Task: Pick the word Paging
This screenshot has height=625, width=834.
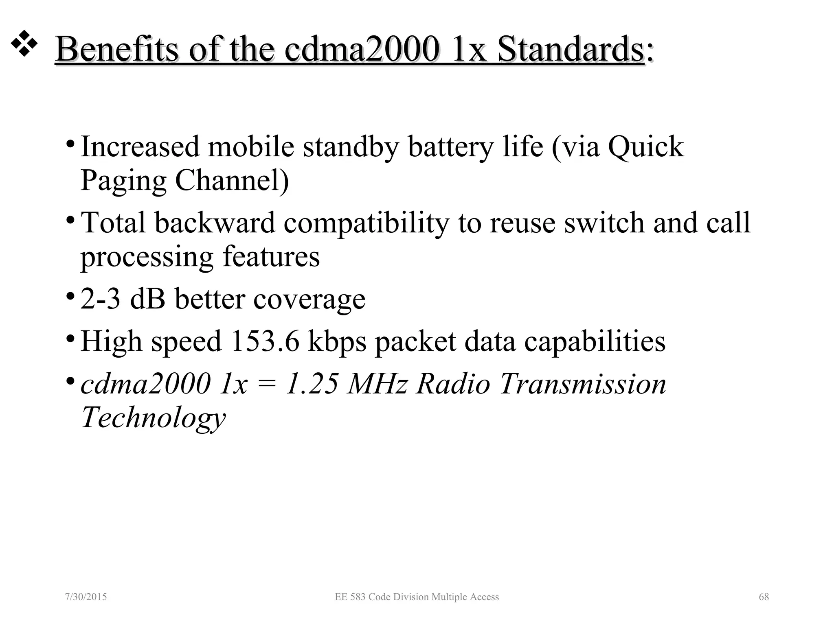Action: click(x=123, y=181)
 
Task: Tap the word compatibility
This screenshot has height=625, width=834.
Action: click(x=366, y=223)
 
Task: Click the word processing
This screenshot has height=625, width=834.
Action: click(x=147, y=257)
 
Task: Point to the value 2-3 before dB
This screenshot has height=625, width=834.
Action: click(x=100, y=299)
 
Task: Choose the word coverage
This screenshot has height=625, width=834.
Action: click(x=309, y=300)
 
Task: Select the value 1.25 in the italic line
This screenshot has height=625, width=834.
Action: click(x=312, y=384)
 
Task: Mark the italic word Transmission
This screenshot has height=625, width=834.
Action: click(x=583, y=384)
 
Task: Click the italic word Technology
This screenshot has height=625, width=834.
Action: click(x=153, y=418)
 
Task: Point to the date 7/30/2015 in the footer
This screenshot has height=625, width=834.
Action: click(x=86, y=597)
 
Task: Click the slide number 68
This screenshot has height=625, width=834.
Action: click(x=764, y=597)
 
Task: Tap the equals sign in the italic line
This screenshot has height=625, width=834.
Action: click(x=266, y=385)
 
